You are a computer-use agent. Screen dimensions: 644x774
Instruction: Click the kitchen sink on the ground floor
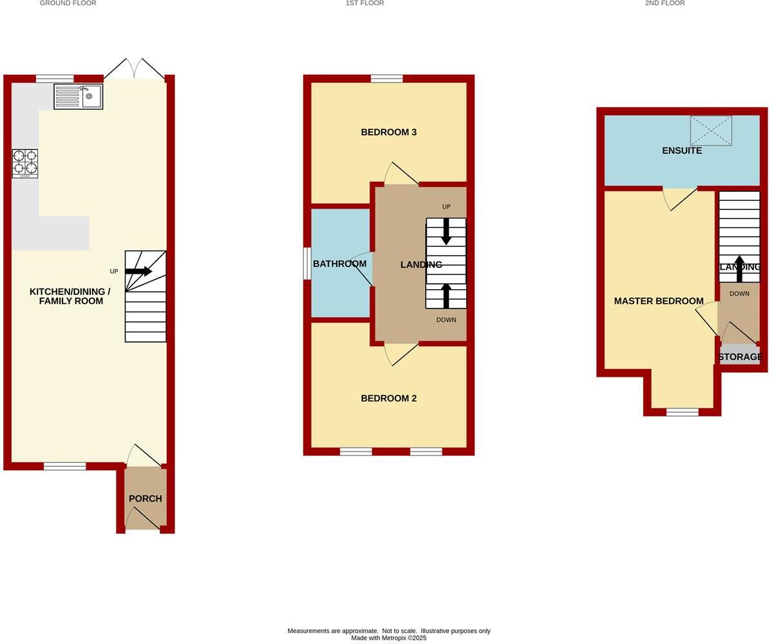click(x=79, y=97)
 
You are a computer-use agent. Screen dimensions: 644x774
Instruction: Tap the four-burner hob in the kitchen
click(x=24, y=164)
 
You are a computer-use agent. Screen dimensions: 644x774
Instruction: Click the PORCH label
click(x=145, y=498)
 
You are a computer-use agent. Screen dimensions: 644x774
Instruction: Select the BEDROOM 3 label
click(x=388, y=132)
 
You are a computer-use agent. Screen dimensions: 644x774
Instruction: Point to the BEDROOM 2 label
click(x=388, y=398)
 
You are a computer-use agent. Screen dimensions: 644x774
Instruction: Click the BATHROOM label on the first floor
click(x=339, y=263)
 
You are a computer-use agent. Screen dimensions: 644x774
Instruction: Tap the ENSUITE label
click(x=682, y=151)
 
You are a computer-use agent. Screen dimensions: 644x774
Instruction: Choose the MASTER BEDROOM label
click(x=659, y=301)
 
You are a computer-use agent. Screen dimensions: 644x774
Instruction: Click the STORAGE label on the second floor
click(x=740, y=357)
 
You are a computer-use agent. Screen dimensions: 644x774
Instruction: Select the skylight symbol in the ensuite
click(x=711, y=131)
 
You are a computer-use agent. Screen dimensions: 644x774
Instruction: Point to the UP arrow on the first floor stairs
click(x=446, y=232)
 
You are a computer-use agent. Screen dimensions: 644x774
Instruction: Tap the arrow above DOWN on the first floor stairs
click(x=446, y=296)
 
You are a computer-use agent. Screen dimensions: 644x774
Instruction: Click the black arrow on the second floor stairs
click(x=739, y=269)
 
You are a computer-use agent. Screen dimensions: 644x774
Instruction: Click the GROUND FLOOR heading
click(x=68, y=3)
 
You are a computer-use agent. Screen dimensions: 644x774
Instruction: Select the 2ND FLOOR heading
click(x=665, y=3)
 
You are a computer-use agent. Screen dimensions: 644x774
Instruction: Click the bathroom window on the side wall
click(x=307, y=264)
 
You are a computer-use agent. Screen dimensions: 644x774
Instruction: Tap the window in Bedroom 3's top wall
click(x=386, y=79)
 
